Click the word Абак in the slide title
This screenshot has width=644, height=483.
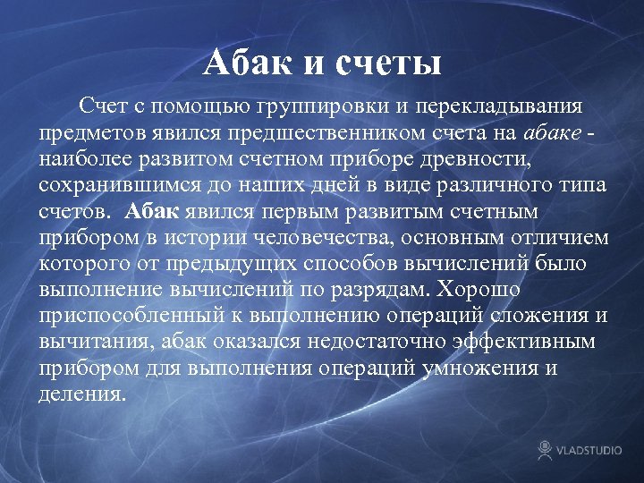tap(247, 63)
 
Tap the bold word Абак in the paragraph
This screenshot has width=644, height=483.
tap(153, 211)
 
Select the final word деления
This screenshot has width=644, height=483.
tap(83, 394)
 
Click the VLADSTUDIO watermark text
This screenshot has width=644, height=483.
tap(591, 451)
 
